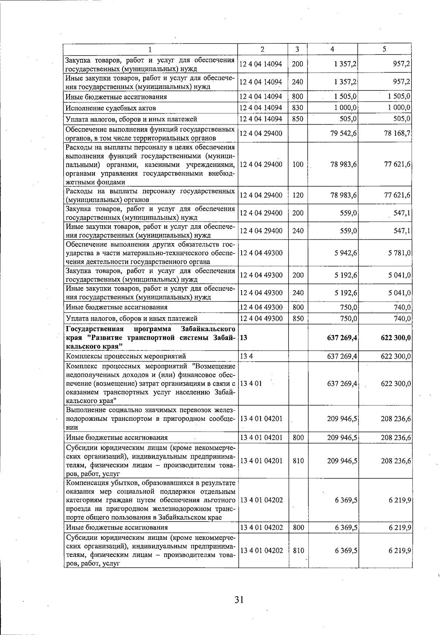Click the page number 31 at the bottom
239,599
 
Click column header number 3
297,49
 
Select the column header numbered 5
384,49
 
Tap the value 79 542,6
343,133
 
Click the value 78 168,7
397,133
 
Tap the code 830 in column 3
297,108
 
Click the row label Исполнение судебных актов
111,108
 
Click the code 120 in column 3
297,195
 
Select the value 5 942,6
346,253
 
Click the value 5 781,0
399,253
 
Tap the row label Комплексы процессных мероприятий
126,356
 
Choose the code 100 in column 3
297,164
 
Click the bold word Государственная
94,329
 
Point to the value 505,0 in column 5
401,119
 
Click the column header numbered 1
150,49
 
